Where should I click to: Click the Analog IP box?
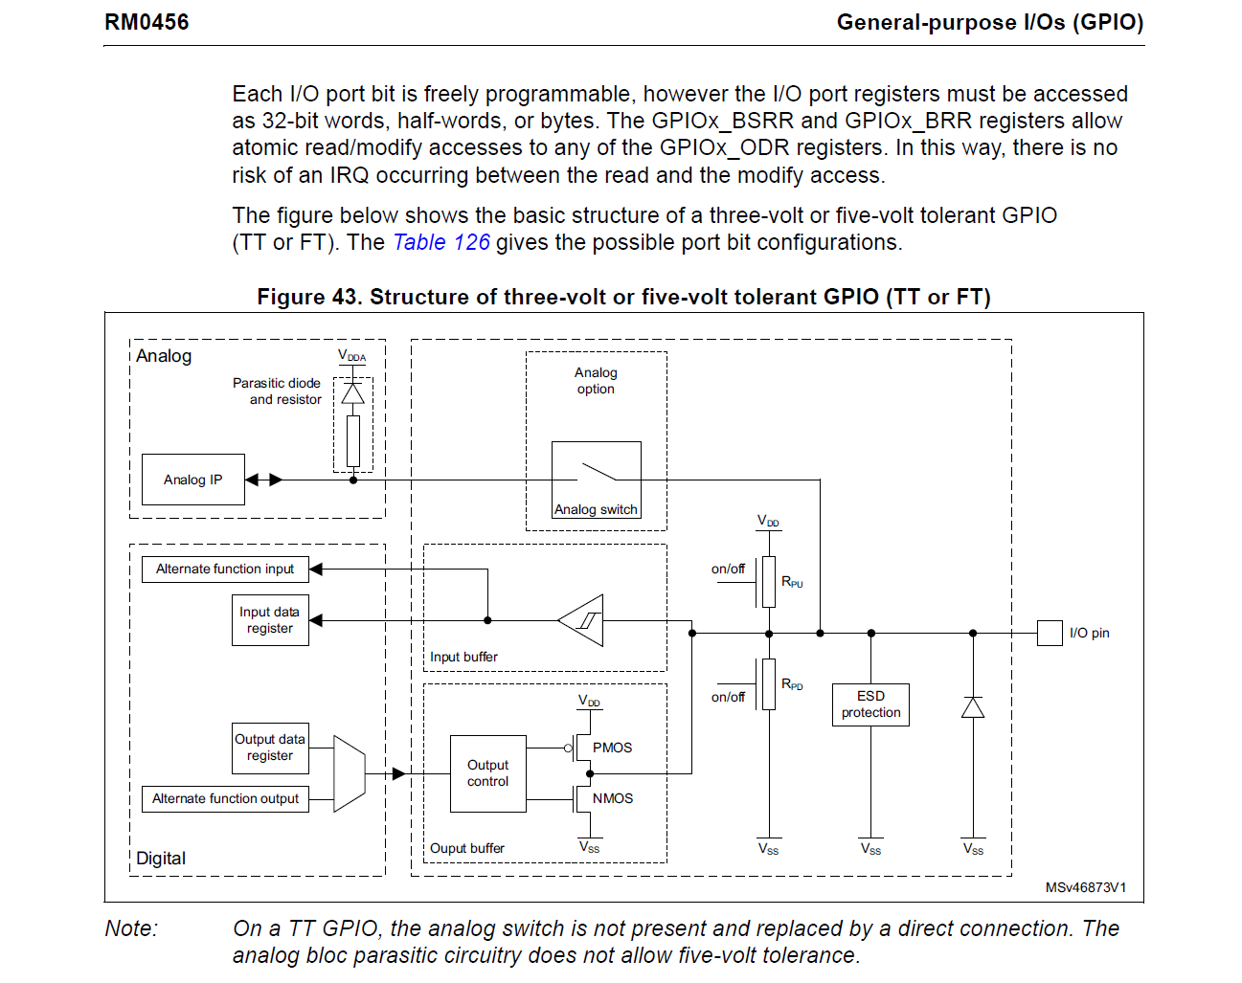[x=192, y=480]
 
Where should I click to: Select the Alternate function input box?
[x=225, y=570]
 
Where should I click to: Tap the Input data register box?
[x=270, y=620]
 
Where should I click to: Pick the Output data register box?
[x=270, y=748]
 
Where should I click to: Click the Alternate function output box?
[x=225, y=799]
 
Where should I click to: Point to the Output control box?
[x=487, y=773]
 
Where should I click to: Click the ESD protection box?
[x=870, y=704]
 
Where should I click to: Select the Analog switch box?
[x=596, y=480]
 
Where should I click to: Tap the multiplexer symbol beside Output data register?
[x=349, y=773]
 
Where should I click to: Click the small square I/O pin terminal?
[x=1050, y=633]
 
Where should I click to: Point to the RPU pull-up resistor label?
[x=792, y=582]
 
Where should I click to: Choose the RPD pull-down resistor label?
[x=792, y=684]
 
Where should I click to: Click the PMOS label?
[x=612, y=748]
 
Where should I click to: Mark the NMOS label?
[x=612, y=798]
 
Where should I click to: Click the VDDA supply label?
[x=351, y=356]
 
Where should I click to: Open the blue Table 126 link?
[x=441, y=243]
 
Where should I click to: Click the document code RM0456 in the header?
[x=147, y=22]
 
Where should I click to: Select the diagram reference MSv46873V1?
[x=1085, y=887]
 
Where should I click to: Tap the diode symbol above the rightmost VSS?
[x=973, y=707]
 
